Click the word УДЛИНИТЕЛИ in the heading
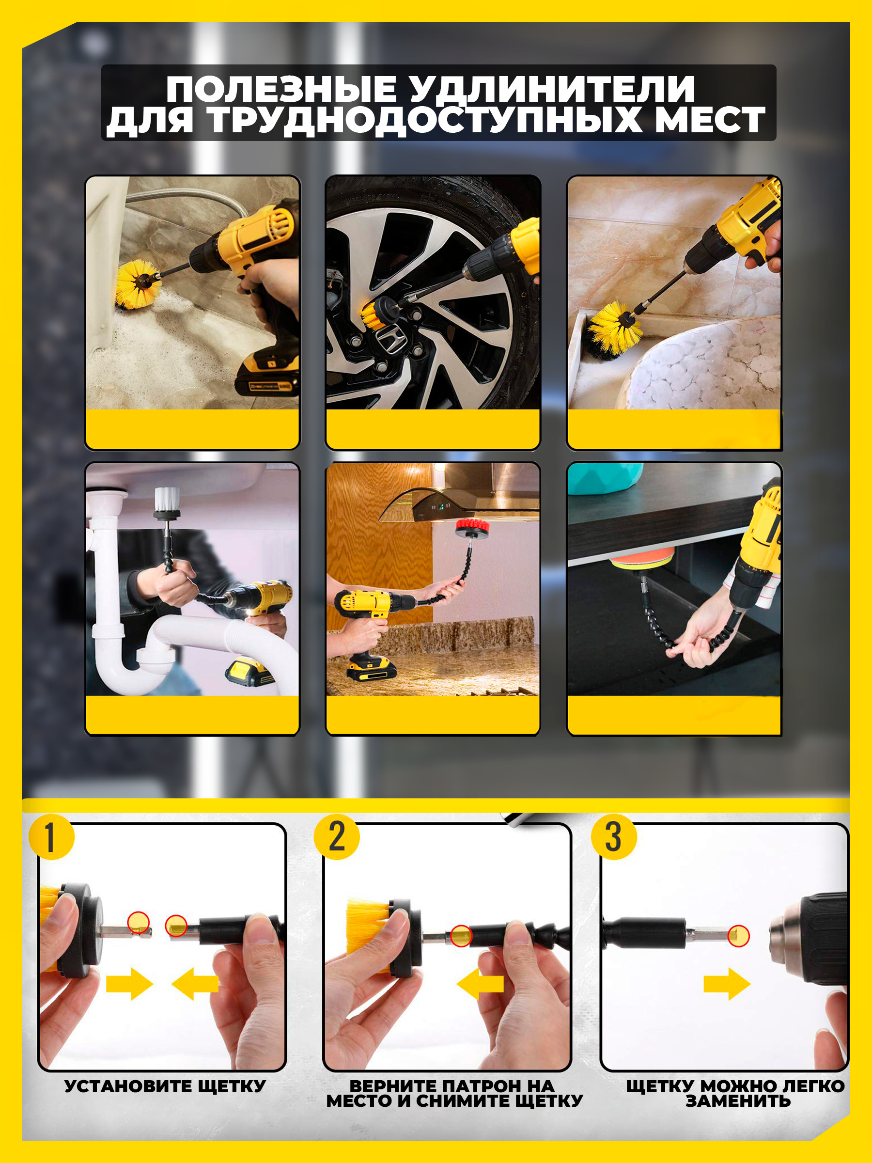[x=552, y=89]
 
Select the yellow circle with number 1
[x=51, y=837]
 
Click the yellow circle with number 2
[x=336, y=837]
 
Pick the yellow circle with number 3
[x=613, y=837]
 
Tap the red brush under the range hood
[x=472, y=526]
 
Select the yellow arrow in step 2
[x=481, y=984]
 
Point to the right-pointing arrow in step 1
[x=129, y=984]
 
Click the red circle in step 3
[x=738, y=936]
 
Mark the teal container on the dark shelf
[x=605, y=479]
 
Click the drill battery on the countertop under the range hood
[x=371, y=670]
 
